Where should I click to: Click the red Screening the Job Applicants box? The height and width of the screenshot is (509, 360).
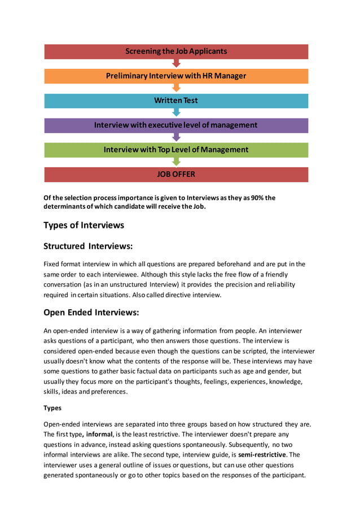click(x=176, y=51)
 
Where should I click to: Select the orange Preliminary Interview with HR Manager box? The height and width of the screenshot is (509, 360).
click(x=176, y=76)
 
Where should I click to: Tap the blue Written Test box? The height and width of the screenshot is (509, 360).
click(x=176, y=100)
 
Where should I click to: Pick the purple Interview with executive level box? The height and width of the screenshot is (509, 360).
click(x=176, y=125)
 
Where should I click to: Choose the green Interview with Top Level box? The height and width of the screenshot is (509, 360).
click(x=176, y=150)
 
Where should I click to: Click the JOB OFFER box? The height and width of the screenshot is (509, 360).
click(x=176, y=174)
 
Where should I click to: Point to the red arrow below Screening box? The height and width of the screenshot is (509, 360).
click(x=176, y=63)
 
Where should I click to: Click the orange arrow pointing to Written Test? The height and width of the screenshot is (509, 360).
click(x=176, y=88)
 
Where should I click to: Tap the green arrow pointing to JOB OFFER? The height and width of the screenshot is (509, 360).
click(x=176, y=162)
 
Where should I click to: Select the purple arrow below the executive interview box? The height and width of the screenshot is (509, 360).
click(x=176, y=137)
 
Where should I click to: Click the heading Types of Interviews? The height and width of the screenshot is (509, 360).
click(x=84, y=225)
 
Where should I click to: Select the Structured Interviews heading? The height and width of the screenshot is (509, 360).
click(x=88, y=246)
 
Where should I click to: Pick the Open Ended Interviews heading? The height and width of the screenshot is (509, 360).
click(x=91, y=312)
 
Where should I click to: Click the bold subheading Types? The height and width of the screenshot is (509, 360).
click(x=52, y=407)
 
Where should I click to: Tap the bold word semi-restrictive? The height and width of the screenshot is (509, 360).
click(x=262, y=454)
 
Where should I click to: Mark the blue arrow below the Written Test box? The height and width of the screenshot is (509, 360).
click(x=176, y=113)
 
